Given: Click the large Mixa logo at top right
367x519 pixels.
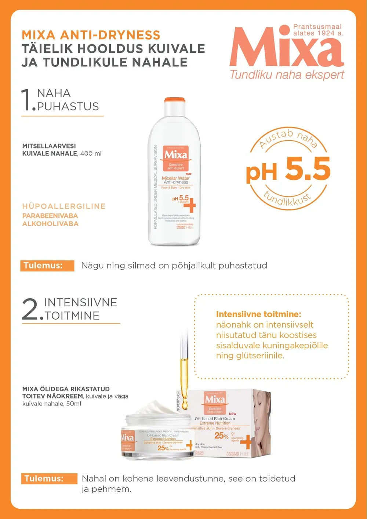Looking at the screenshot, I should click(x=286, y=48).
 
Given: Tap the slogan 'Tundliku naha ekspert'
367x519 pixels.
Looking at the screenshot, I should click(x=287, y=75).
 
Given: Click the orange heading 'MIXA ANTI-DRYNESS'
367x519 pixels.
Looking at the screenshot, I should click(x=91, y=35).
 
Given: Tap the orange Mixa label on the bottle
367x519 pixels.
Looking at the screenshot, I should click(x=175, y=158).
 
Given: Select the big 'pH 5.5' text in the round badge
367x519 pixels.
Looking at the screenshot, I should click(x=288, y=170).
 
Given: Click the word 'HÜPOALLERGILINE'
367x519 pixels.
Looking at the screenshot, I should click(x=64, y=206).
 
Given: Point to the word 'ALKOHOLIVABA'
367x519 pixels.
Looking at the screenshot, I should click(x=50, y=224).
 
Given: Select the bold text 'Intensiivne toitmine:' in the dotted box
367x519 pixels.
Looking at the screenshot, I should click(x=258, y=314).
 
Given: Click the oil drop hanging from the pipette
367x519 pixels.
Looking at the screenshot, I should click(x=184, y=404).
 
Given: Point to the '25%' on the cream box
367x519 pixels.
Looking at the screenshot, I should click(x=221, y=436).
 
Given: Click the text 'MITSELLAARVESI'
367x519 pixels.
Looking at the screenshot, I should click(x=49, y=146).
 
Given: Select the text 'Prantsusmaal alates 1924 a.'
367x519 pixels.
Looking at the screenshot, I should click(x=318, y=30).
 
